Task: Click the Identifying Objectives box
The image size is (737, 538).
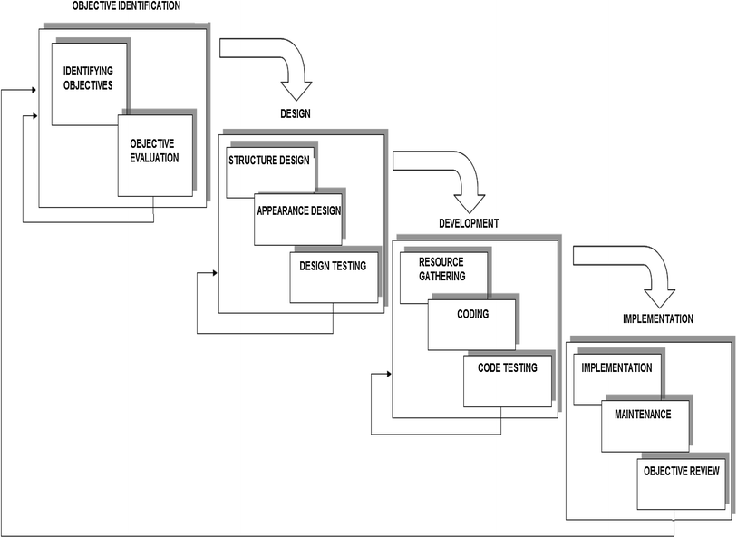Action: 88,78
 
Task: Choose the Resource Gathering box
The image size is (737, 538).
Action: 442,269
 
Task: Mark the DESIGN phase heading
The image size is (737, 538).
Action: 296,113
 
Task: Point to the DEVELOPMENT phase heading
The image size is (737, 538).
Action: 469,222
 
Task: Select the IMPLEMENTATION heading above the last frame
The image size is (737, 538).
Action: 658,319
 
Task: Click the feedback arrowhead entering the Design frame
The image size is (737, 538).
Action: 215,271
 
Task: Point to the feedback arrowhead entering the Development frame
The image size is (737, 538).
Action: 389,372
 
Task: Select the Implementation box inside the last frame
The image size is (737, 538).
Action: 617,367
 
